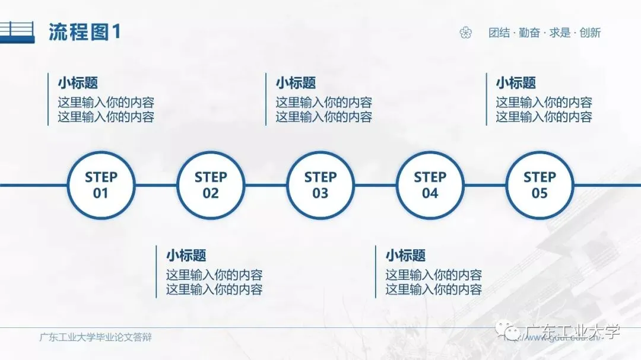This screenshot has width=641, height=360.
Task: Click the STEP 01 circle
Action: [101, 185]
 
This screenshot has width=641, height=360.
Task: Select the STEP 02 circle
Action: [211, 185]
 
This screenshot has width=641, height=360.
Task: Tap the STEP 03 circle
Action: [320, 185]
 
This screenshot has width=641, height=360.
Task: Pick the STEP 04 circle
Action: [430, 185]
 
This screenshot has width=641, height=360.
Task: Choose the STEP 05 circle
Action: [540, 185]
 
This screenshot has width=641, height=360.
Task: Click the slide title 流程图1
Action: [84, 32]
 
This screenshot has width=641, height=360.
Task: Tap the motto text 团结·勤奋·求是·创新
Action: [544, 33]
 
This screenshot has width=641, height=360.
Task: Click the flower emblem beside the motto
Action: [465, 33]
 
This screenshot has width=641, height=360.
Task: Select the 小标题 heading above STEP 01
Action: [78, 83]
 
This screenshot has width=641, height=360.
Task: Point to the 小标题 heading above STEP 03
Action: [296, 83]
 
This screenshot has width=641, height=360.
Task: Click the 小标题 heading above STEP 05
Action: [516, 83]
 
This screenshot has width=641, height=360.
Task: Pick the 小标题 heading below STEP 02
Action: [186, 256]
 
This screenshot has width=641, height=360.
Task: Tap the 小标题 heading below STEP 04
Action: [405, 256]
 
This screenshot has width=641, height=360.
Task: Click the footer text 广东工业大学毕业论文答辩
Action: [96, 338]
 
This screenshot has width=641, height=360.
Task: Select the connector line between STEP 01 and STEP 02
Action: [156, 185]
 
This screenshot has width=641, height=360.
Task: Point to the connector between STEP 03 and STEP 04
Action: [375, 185]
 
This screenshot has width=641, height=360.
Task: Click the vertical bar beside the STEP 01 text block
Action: [48, 99]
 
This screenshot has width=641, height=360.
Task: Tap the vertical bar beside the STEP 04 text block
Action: [376, 272]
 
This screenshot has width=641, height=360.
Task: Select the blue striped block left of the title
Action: [16, 32]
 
